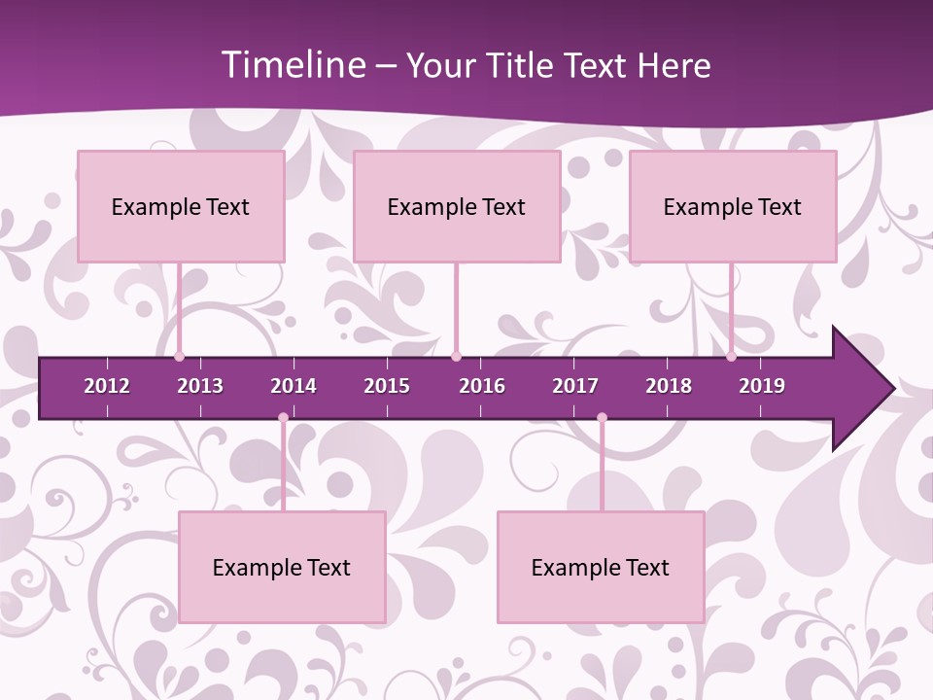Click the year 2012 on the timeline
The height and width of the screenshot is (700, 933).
pyautogui.click(x=107, y=386)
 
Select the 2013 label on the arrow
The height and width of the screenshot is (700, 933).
pyautogui.click(x=200, y=386)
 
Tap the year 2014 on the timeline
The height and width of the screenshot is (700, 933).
pyautogui.click(x=294, y=386)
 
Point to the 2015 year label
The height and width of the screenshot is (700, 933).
pyautogui.click(x=387, y=386)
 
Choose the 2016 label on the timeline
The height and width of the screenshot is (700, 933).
pyautogui.click(x=482, y=386)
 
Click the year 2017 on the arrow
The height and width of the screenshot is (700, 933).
pyautogui.click(x=575, y=386)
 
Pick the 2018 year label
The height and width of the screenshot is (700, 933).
pyautogui.click(x=669, y=386)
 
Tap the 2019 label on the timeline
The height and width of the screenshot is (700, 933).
pyautogui.click(x=762, y=386)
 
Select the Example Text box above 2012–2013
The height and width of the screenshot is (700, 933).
pyautogui.click(x=181, y=206)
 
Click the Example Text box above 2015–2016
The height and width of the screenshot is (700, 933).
pyautogui.click(x=457, y=206)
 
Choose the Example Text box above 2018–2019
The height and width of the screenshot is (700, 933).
pyautogui.click(x=733, y=206)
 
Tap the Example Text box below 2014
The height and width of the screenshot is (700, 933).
pyautogui.click(x=282, y=567)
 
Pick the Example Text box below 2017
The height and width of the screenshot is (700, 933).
pyautogui.click(x=601, y=567)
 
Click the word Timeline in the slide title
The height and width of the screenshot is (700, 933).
pyautogui.click(x=292, y=65)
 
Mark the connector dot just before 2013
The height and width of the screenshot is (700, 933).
pyautogui.click(x=179, y=357)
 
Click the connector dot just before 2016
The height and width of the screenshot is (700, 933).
pyautogui.click(x=457, y=357)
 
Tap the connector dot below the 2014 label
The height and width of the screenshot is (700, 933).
pyautogui.click(x=283, y=417)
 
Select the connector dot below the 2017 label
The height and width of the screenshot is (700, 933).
pyautogui.click(x=602, y=417)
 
